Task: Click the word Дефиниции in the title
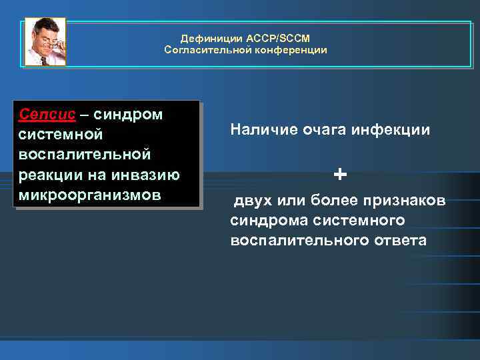(x=205, y=39)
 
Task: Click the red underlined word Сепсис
(x=47, y=114)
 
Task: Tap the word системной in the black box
(x=61, y=135)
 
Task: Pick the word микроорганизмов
(x=90, y=196)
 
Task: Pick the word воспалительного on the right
(x=296, y=240)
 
